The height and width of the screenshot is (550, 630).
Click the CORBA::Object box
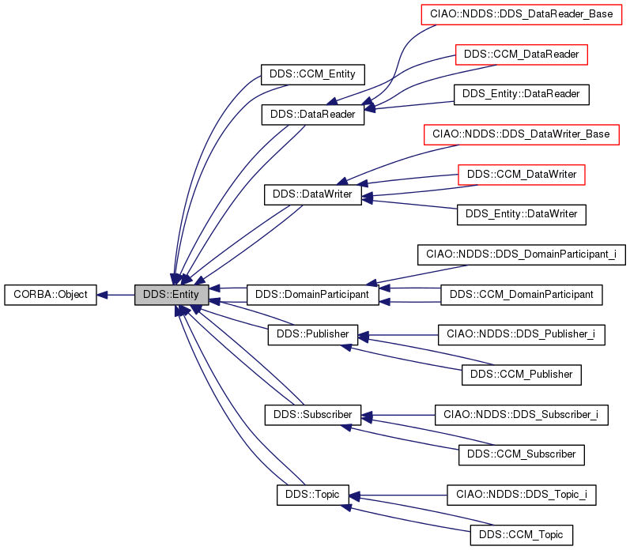(51, 296)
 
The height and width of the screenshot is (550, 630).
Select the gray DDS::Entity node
(172, 296)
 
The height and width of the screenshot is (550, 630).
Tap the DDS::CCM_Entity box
(312, 75)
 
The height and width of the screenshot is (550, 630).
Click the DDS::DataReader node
(312, 115)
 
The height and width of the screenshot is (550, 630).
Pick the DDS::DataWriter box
(312, 194)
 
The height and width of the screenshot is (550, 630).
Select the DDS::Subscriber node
(312, 414)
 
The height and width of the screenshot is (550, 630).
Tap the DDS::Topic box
(312, 495)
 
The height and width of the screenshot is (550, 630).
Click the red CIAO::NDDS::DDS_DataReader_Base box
(521, 14)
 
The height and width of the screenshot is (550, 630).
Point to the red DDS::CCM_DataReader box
(522, 55)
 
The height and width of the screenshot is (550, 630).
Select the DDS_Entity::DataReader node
(521, 94)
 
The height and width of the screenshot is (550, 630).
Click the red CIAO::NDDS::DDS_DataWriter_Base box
(521, 134)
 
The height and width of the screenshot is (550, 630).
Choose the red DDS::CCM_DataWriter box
(521, 174)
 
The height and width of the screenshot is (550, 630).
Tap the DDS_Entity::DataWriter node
(521, 213)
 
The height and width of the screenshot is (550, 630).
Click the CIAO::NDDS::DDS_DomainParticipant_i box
(521, 254)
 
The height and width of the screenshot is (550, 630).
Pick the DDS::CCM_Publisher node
(521, 374)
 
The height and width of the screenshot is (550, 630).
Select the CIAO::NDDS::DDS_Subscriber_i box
(521, 414)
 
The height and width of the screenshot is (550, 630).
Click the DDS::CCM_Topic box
(521, 534)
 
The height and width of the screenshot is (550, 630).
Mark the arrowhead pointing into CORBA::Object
(103, 296)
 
